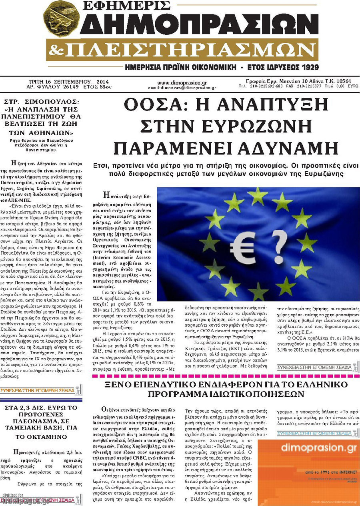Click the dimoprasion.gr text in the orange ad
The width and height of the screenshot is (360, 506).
pyautogui.click(x=308, y=448)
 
